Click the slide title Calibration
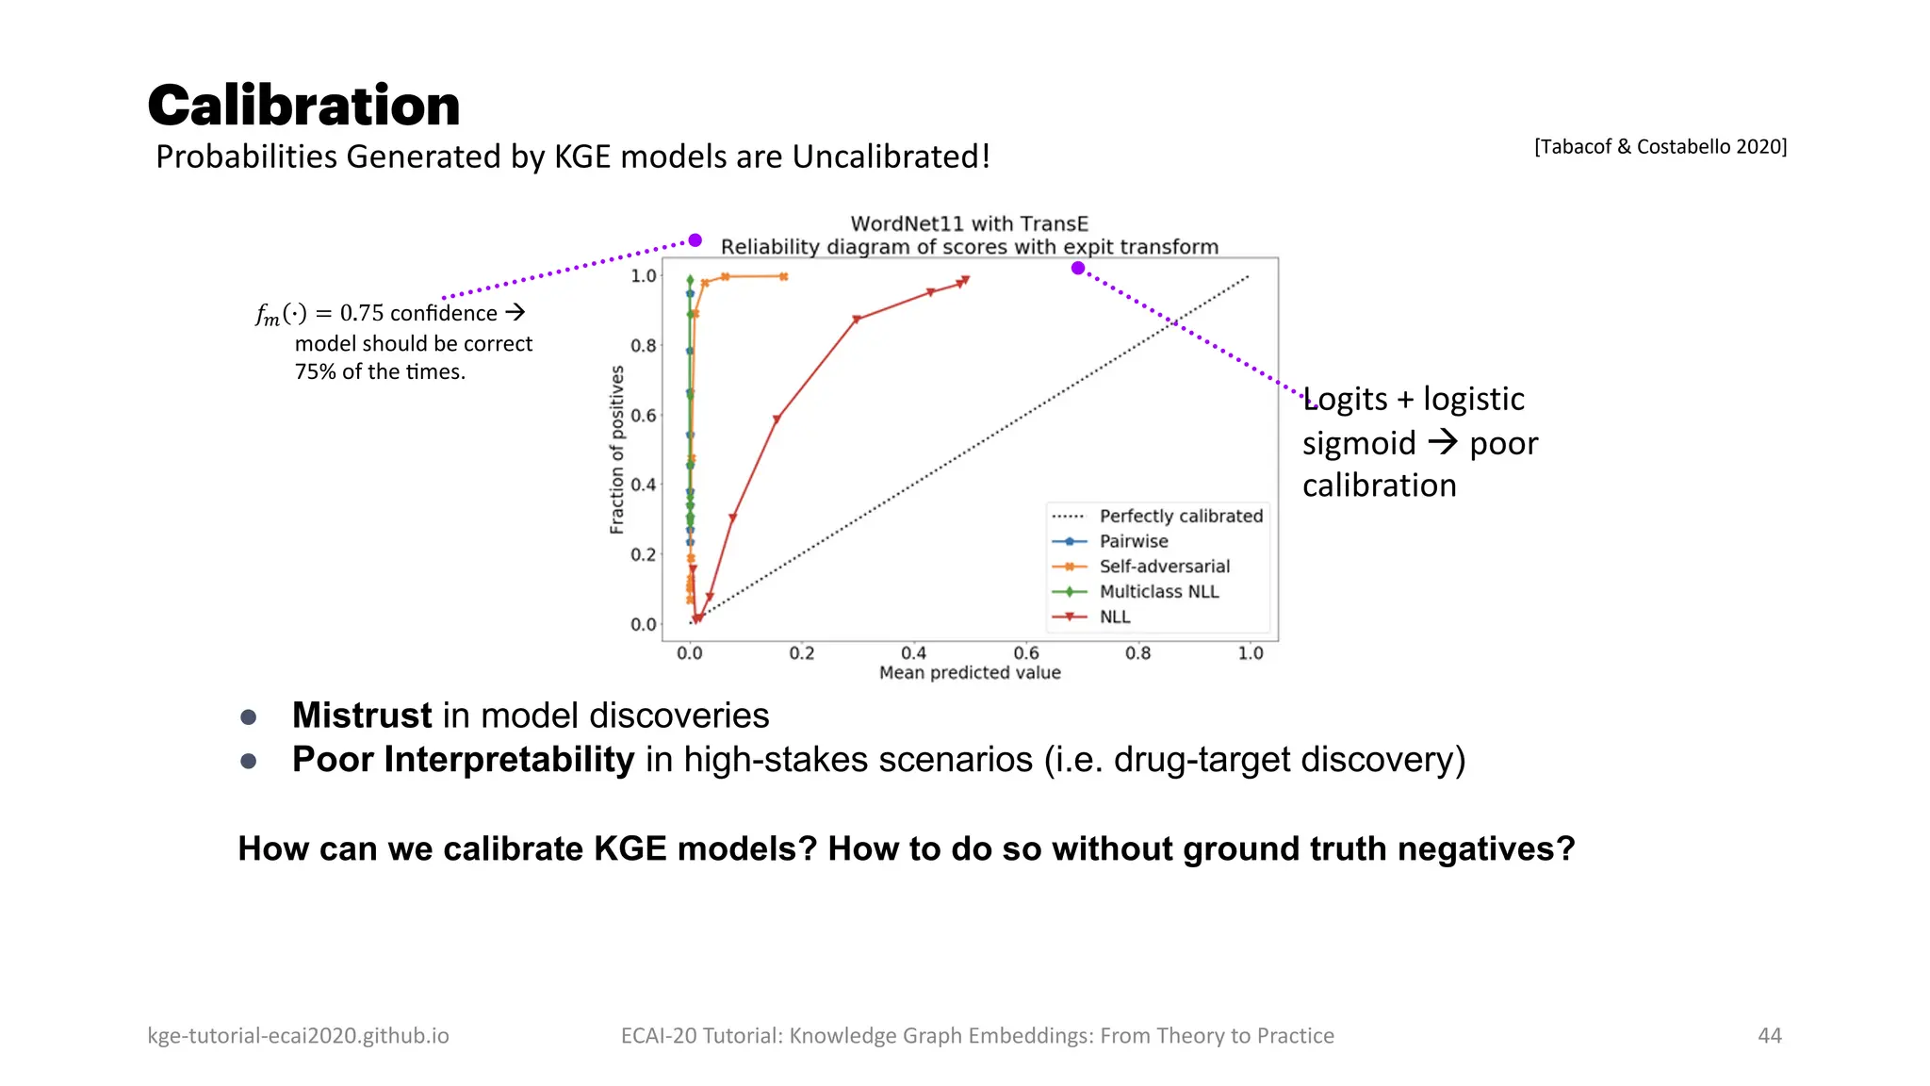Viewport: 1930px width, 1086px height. (x=303, y=105)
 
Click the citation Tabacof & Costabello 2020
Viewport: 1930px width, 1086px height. (x=1660, y=146)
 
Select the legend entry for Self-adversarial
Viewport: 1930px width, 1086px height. (x=1164, y=567)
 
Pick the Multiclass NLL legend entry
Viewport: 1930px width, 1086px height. (x=1158, y=592)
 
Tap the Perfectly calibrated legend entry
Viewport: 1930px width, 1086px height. (x=1180, y=516)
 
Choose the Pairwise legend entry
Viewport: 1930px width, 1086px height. (x=1133, y=541)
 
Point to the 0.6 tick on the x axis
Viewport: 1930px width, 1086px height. (x=1025, y=653)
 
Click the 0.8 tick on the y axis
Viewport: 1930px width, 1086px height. (x=643, y=346)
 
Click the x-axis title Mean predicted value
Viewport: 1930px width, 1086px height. (x=969, y=673)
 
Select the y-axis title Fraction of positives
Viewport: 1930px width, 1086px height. (x=617, y=450)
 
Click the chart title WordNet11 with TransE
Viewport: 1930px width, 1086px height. (x=969, y=223)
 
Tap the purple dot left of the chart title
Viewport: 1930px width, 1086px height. (x=695, y=240)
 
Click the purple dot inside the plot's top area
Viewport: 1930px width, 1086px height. (x=1078, y=269)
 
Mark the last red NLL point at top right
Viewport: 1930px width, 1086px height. (x=965, y=280)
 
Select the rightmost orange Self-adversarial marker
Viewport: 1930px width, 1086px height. (x=783, y=276)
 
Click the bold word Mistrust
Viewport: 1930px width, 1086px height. (x=362, y=716)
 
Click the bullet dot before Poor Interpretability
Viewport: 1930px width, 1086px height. (x=249, y=761)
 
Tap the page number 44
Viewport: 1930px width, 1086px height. (x=1769, y=1035)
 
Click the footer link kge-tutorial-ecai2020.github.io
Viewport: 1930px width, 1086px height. (x=298, y=1035)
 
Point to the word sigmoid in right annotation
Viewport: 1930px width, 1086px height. (x=1358, y=443)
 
